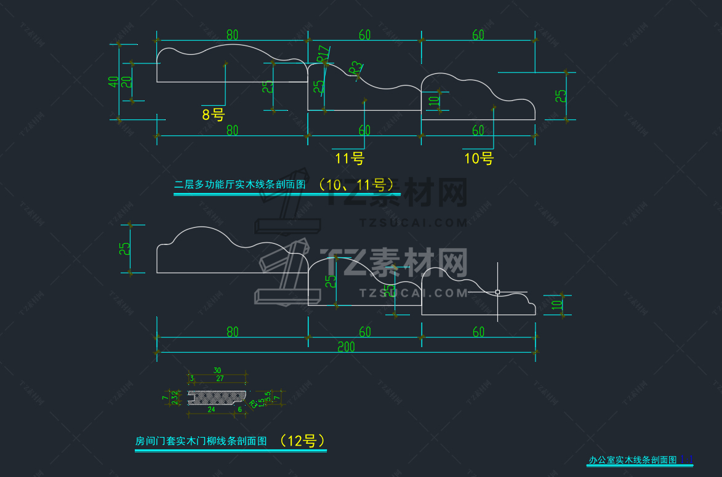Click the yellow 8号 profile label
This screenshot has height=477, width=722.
[x=213, y=114]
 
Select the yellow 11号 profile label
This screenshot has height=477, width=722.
[x=350, y=159]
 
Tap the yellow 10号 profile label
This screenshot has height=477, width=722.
[x=479, y=159]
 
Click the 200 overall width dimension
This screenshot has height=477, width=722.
[x=346, y=347]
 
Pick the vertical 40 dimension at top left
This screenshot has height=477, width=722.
[x=113, y=82]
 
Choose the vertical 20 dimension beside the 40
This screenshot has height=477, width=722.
[x=126, y=82]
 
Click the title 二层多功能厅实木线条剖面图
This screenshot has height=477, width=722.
[x=240, y=184]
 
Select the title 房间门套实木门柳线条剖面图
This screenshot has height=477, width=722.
[x=201, y=441]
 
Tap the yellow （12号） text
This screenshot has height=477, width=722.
[x=302, y=441]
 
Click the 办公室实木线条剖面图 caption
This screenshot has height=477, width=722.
[x=633, y=460]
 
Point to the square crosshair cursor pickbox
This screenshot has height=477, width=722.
[x=497, y=292]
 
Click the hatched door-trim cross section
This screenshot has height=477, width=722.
[x=219, y=395]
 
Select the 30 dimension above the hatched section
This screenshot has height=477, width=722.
[x=217, y=370]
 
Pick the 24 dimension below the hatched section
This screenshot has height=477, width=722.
[x=211, y=409]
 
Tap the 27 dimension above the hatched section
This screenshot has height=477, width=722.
[x=220, y=379]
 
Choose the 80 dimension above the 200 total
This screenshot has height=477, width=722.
[x=232, y=332]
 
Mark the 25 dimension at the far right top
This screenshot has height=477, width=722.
[x=561, y=96]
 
